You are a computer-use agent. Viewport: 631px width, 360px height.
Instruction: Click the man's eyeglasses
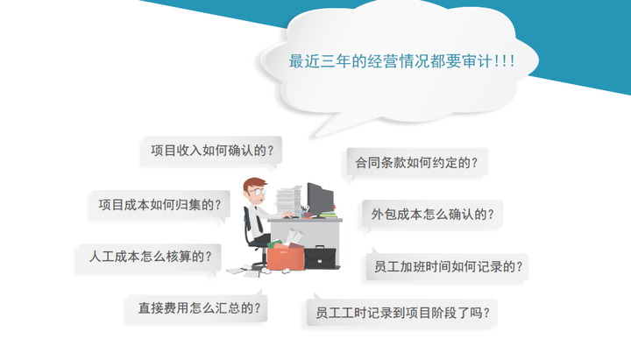259,192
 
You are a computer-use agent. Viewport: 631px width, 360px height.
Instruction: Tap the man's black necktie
259,222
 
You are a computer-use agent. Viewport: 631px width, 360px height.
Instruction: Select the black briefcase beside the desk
320,258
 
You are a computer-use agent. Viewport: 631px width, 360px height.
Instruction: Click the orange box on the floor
286,258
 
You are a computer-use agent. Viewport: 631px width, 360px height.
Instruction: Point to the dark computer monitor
320,200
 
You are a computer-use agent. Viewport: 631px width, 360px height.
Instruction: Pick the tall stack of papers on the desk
288,201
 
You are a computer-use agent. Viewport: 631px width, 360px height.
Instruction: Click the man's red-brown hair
252,183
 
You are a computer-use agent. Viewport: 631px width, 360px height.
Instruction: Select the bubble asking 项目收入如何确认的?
212,152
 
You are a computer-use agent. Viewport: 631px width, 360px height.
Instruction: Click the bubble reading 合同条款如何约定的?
416,163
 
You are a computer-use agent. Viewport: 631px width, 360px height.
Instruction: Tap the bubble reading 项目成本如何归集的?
160,206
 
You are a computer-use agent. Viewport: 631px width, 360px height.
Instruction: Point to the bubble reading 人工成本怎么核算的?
149,257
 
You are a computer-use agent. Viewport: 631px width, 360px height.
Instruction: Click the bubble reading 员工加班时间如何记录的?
447,266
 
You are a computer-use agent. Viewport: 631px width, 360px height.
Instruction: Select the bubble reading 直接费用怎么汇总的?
197,308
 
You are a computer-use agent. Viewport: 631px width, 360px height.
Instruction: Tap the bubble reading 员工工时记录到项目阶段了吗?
401,313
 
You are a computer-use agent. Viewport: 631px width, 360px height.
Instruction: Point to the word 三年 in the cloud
336,61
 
